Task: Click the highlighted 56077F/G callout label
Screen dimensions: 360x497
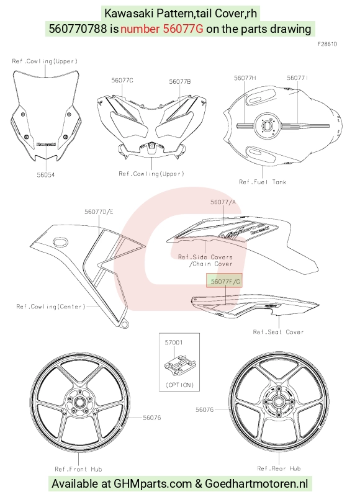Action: (x=224, y=280)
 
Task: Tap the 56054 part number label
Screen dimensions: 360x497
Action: (x=46, y=174)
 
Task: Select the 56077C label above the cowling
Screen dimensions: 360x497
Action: (x=122, y=81)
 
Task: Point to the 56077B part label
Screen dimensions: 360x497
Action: (x=180, y=82)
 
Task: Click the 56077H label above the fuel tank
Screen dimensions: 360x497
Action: (x=245, y=78)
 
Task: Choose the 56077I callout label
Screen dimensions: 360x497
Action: (x=297, y=78)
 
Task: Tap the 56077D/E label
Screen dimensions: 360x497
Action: (x=99, y=212)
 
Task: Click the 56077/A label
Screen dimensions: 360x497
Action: (x=223, y=202)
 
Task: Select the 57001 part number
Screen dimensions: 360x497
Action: (x=174, y=343)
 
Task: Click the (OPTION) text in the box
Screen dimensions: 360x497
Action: (x=179, y=385)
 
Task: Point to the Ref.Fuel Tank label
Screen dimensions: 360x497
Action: (x=263, y=182)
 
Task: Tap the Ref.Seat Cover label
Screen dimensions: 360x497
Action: (x=279, y=332)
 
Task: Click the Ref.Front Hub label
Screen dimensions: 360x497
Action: (x=78, y=469)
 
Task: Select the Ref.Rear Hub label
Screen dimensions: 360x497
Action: (x=279, y=468)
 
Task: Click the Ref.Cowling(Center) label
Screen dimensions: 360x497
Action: (x=51, y=307)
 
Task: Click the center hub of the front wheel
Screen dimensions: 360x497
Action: (x=79, y=403)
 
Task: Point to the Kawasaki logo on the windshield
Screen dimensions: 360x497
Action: (x=47, y=144)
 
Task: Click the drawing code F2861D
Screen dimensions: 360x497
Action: (x=327, y=44)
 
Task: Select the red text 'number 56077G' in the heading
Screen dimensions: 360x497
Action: (x=162, y=29)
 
